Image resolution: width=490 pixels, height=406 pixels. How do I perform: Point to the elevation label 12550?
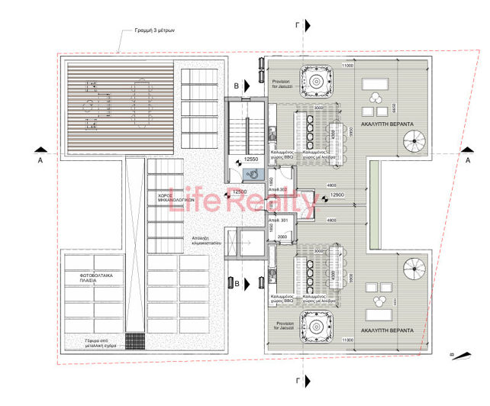tap(246, 159)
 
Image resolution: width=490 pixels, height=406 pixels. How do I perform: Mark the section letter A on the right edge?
tap(468, 160)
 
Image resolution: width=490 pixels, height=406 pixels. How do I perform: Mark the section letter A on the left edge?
tap(39, 161)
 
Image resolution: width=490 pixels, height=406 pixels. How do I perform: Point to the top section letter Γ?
tap(297, 24)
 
